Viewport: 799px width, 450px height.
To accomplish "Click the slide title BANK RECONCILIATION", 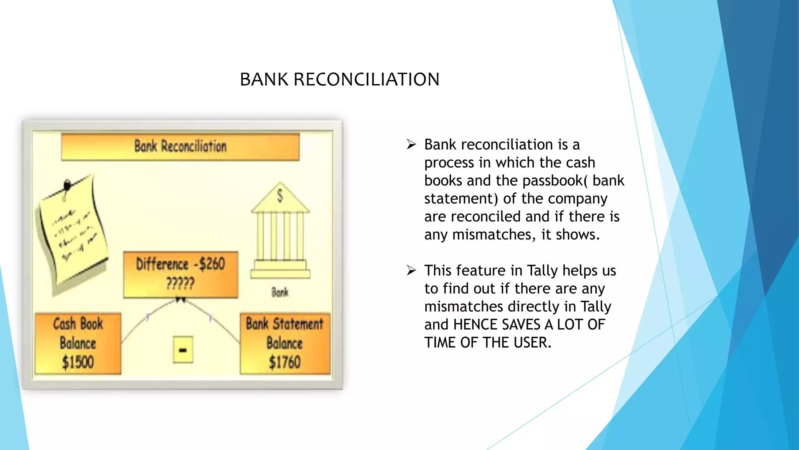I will pyautogui.click(x=339, y=79).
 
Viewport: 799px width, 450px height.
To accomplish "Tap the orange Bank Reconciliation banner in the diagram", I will pyautogui.click(x=180, y=146).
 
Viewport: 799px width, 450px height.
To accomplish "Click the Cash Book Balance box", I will pyautogui.click(x=78, y=343).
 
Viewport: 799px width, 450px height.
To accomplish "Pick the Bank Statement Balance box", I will pyautogui.click(x=285, y=343).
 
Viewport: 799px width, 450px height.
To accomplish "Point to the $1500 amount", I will pyautogui.click(x=78, y=362).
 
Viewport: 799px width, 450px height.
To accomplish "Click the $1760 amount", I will pyautogui.click(x=285, y=362).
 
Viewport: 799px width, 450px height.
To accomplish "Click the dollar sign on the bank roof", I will pyautogui.click(x=280, y=196).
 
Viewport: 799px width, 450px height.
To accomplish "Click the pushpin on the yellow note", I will pyautogui.click(x=67, y=184).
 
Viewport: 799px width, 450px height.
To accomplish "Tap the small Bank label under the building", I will pyautogui.click(x=280, y=292).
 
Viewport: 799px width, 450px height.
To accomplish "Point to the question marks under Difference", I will pyautogui.click(x=180, y=283).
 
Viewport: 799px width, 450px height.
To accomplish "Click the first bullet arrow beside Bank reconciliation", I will pyautogui.click(x=411, y=145).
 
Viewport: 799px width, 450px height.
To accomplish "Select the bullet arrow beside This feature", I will pyautogui.click(x=411, y=270).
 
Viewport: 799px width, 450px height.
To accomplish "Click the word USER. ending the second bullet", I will pyautogui.click(x=532, y=343).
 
